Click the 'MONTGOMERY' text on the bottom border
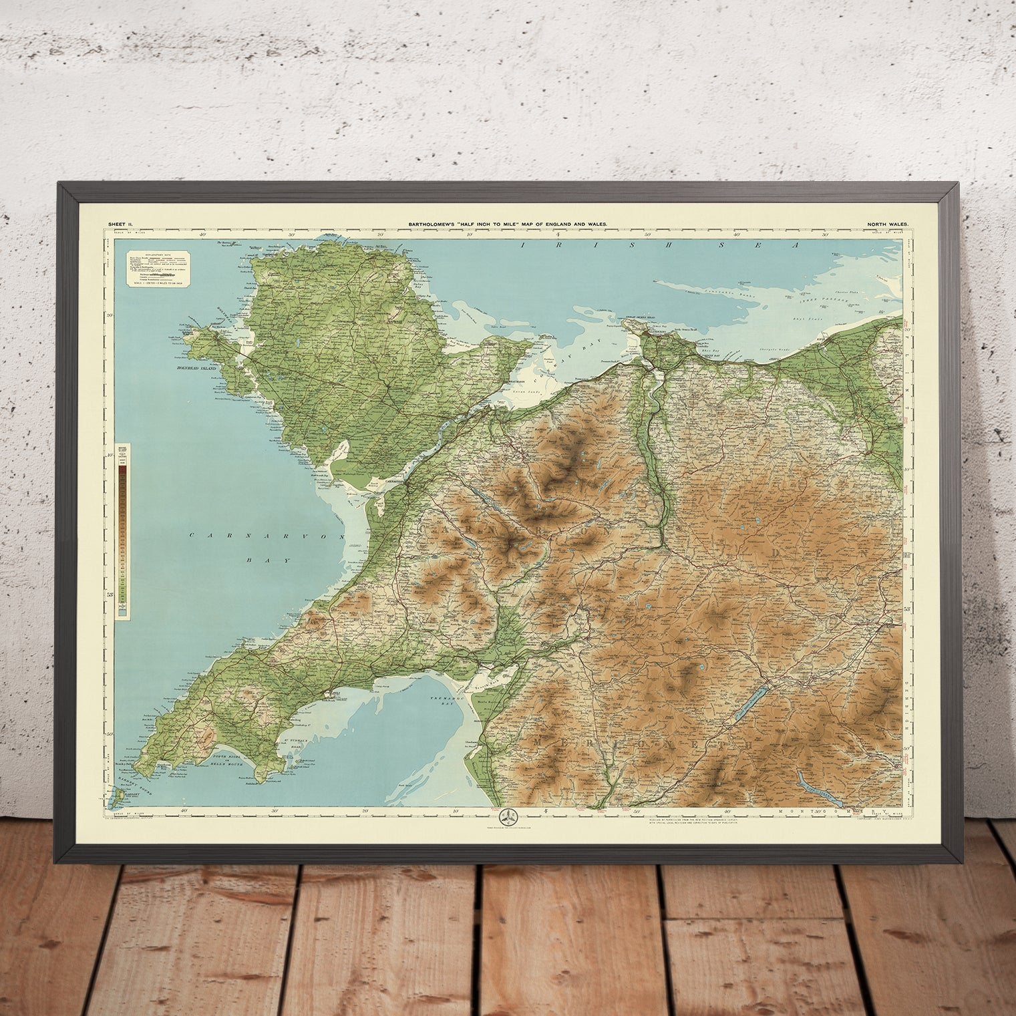(x=834, y=809)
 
